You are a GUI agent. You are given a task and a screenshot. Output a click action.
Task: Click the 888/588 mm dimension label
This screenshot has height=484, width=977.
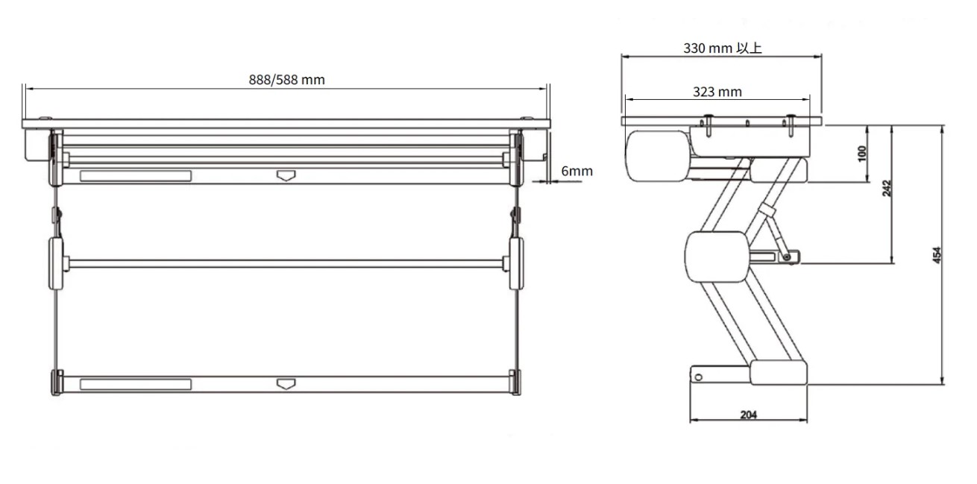coord(286,80)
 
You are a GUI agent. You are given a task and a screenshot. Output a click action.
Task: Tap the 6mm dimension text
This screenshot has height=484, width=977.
coord(577,171)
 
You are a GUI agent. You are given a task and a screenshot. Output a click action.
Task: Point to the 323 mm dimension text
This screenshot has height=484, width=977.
coord(717,92)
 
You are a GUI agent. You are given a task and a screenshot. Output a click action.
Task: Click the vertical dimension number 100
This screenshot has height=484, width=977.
coord(861,154)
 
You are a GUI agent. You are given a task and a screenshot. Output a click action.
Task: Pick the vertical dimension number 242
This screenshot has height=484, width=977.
coord(887,189)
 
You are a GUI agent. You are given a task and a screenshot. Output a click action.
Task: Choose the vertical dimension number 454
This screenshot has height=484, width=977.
coord(937,255)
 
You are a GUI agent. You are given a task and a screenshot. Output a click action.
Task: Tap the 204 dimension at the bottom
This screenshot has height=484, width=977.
coord(749,415)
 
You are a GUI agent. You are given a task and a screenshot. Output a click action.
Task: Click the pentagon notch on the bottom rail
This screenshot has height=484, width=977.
coord(286,384)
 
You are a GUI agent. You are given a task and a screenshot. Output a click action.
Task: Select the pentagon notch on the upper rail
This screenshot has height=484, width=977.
coord(286,176)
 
